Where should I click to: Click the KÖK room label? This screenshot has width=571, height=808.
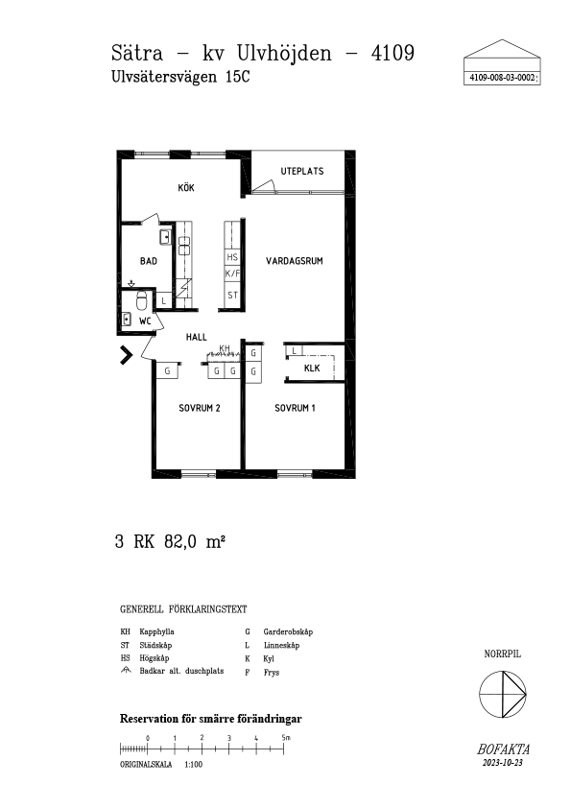[x=186, y=187]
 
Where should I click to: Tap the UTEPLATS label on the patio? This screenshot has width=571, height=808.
[x=302, y=171]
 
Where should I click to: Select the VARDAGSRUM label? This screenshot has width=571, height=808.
[x=295, y=261]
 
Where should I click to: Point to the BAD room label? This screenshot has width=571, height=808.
[x=149, y=261]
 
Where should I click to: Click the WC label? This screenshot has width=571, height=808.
[x=145, y=321]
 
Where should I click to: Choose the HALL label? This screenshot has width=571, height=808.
[x=197, y=337]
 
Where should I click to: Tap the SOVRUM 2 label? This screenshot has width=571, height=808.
[x=200, y=408]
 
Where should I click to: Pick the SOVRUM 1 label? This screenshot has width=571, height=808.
[x=295, y=408]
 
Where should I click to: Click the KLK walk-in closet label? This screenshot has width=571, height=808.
[x=312, y=368]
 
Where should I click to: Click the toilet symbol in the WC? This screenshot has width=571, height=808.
[x=141, y=300]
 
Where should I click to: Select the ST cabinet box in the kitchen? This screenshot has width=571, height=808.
[x=232, y=296]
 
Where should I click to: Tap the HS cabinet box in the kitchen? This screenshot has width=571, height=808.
[x=232, y=257]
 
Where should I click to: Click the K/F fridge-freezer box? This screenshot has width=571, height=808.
[x=232, y=273]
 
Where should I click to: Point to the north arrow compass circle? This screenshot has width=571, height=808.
[x=503, y=694]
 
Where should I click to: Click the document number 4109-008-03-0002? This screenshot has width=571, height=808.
[x=501, y=78]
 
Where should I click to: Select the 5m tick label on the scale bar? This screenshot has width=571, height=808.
[x=286, y=737]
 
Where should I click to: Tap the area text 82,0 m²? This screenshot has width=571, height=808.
[x=195, y=542]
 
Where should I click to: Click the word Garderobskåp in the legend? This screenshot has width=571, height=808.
[x=288, y=631]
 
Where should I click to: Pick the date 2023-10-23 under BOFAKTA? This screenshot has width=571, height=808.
[x=503, y=763]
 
